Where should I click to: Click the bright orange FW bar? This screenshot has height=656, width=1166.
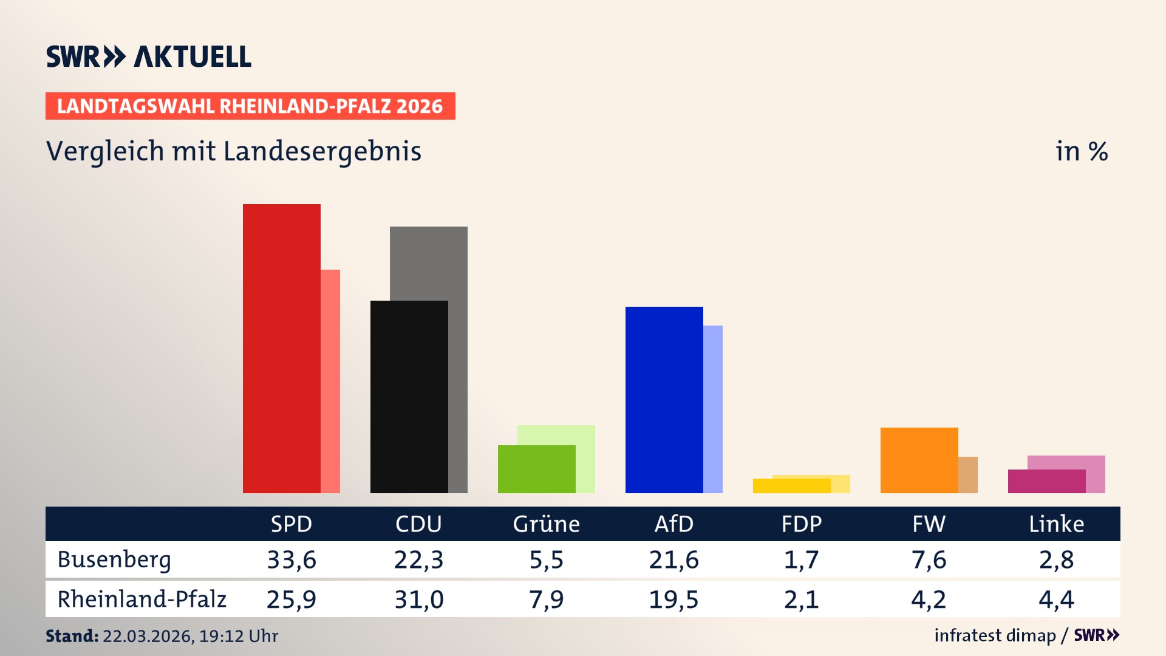(x=919, y=460)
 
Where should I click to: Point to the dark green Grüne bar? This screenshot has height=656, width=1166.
(x=536, y=469)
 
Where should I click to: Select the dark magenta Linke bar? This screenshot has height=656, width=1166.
(x=1046, y=481)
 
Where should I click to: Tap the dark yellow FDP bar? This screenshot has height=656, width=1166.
(x=791, y=486)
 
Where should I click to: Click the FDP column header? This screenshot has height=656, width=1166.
(x=801, y=524)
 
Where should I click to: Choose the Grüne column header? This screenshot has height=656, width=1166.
(x=546, y=524)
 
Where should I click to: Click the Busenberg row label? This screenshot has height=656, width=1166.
(x=114, y=559)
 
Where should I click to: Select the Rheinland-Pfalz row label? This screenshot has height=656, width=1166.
(x=141, y=599)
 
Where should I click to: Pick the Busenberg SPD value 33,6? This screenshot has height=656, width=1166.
(x=291, y=559)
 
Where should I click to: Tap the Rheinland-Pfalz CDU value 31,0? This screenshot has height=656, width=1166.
(x=419, y=600)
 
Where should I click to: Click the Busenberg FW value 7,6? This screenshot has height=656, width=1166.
(x=929, y=559)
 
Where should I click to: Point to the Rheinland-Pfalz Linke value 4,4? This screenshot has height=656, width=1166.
(x=1056, y=600)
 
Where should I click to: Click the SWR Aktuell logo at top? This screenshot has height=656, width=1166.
(x=149, y=56)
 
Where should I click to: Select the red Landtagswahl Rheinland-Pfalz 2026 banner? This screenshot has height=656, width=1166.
(x=250, y=106)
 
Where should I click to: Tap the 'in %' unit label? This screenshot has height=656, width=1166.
(x=1081, y=151)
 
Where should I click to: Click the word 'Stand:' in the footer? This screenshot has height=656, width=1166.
(x=72, y=636)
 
